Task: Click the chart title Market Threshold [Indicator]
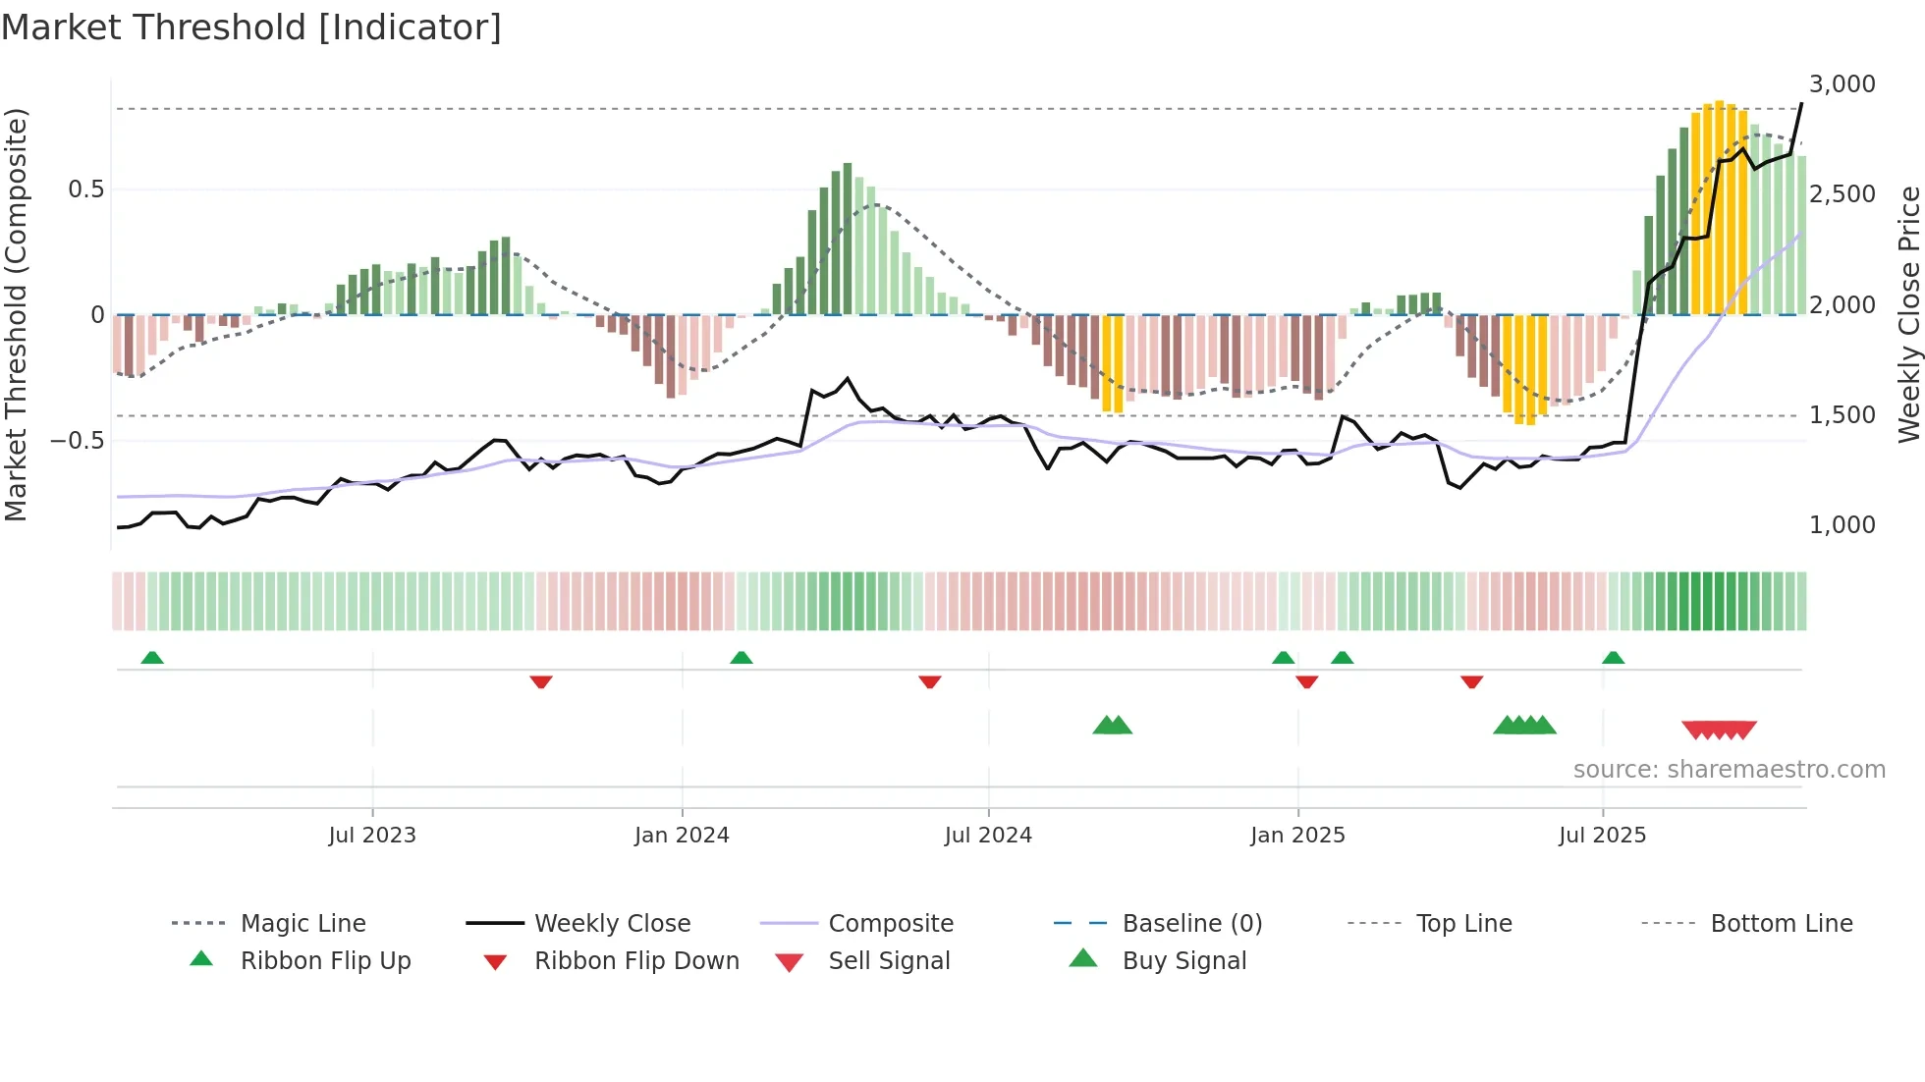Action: click(251, 27)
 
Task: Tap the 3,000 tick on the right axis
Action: click(1842, 84)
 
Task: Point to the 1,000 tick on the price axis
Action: click(1842, 525)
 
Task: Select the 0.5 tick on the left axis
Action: click(85, 189)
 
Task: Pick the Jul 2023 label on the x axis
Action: click(372, 836)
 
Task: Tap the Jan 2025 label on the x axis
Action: click(1297, 836)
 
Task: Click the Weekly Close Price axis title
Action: click(1908, 314)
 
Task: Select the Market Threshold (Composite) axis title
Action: click(16, 314)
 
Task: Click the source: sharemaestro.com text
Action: click(1729, 770)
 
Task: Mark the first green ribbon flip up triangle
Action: click(152, 658)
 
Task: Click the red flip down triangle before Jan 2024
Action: click(541, 681)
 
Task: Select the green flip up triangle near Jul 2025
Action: click(1613, 658)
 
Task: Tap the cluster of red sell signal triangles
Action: click(1719, 730)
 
